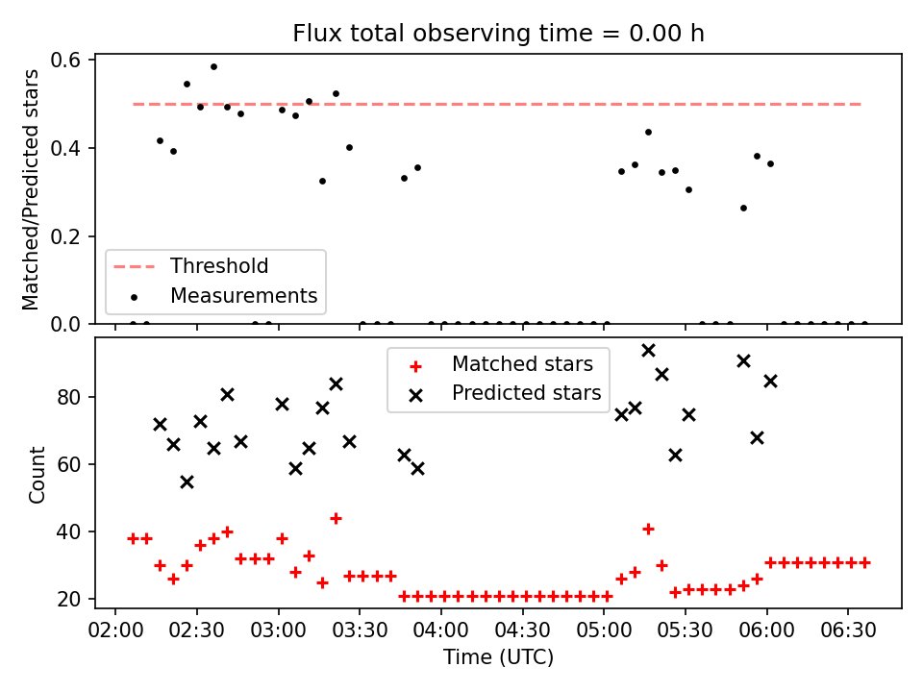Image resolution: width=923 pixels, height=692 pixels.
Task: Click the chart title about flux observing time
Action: [498, 33]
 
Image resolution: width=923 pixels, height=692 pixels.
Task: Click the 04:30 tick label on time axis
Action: [522, 630]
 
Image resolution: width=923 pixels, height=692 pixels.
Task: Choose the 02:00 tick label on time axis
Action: [115, 630]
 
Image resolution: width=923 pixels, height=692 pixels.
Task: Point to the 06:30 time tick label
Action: [848, 630]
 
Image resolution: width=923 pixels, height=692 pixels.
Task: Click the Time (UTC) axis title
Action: [498, 657]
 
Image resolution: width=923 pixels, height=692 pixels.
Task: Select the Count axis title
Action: [37, 474]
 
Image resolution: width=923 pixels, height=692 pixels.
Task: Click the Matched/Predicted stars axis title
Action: [30, 189]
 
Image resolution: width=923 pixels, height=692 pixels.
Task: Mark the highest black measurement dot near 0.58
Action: [213, 67]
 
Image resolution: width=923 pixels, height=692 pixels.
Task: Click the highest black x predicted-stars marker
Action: [648, 351]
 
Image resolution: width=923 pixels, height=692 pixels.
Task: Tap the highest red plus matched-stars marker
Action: [337, 518]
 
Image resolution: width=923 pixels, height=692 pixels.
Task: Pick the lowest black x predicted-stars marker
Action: [187, 482]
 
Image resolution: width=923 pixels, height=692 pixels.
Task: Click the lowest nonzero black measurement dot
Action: [743, 209]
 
